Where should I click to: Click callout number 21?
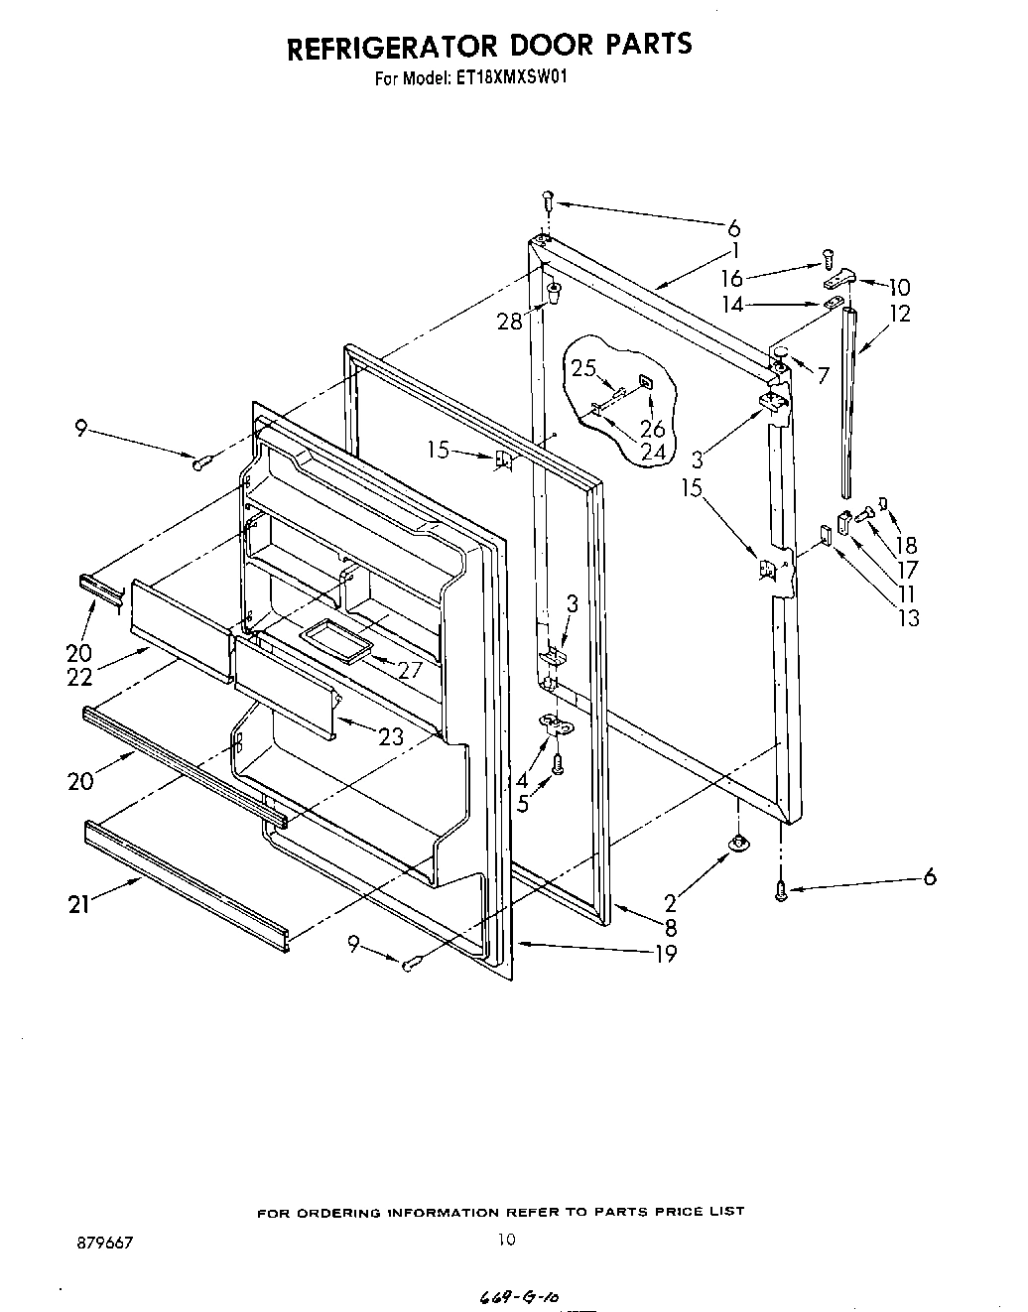click(80, 903)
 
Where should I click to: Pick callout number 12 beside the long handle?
click(899, 314)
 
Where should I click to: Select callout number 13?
click(908, 617)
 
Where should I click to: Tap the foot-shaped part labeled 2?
click(738, 844)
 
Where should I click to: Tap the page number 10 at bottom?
click(507, 1239)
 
